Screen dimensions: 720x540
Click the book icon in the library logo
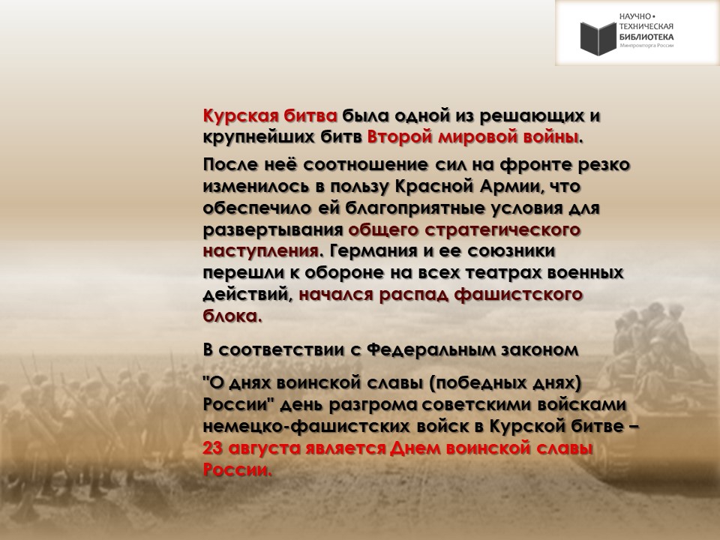click(x=598, y=37)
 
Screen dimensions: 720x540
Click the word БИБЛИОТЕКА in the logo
click(x=646, y=37)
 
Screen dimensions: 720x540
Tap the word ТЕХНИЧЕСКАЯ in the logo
click(x=646, y=27)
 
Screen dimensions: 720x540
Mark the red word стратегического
click(x=502, y=229)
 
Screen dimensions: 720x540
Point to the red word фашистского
click(x=518, y=294)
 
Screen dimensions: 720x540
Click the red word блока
click(x=232, y=316)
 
